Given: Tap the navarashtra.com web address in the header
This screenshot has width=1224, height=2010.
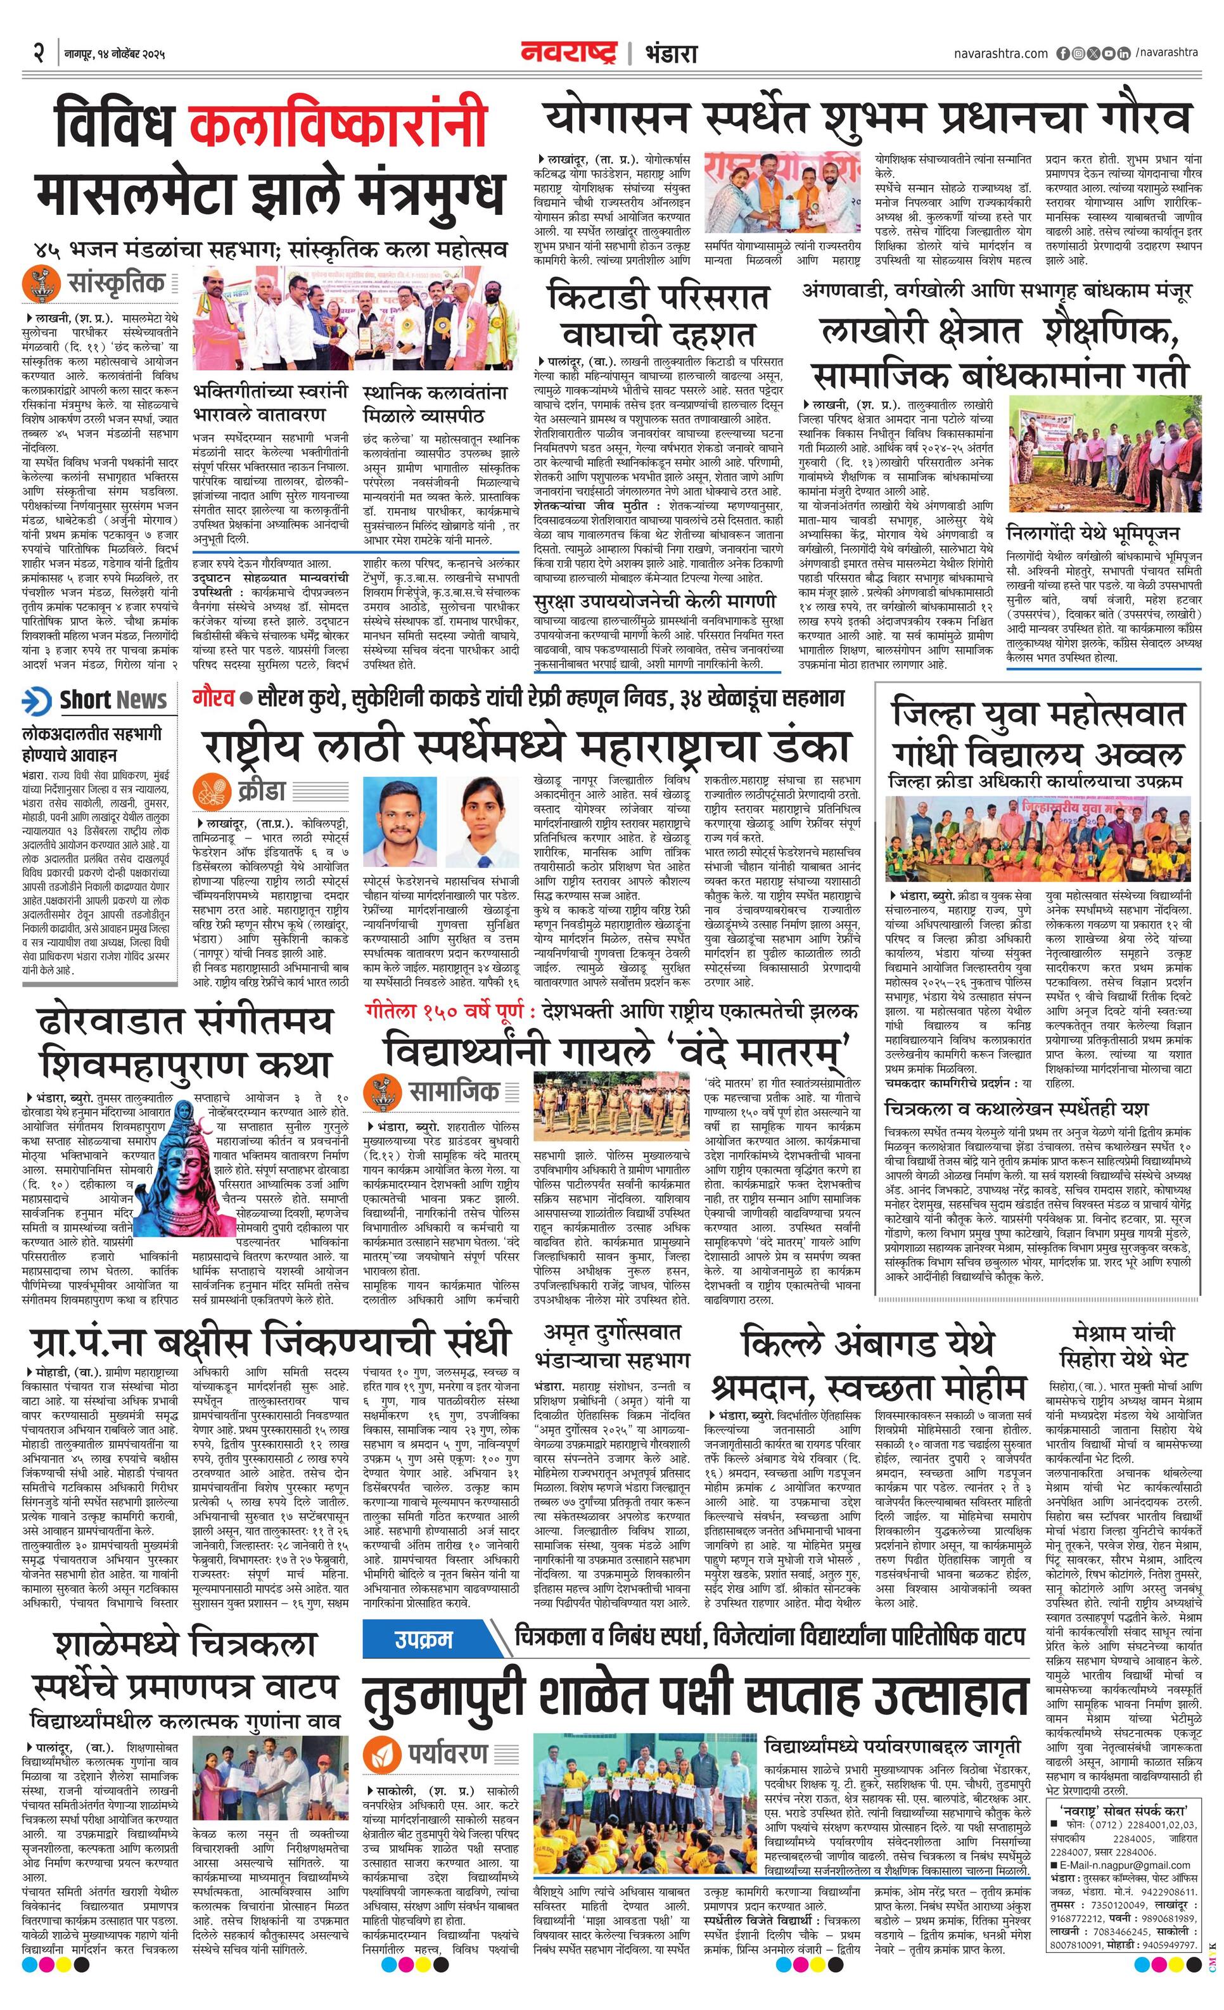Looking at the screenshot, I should click(1000, 54).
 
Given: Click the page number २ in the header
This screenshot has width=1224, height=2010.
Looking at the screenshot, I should click(37, 54).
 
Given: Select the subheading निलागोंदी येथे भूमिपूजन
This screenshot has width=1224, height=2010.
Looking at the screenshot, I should click(1093, 534).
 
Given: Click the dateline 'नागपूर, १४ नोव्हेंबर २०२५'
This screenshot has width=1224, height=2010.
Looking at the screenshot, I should click(115, 54).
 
